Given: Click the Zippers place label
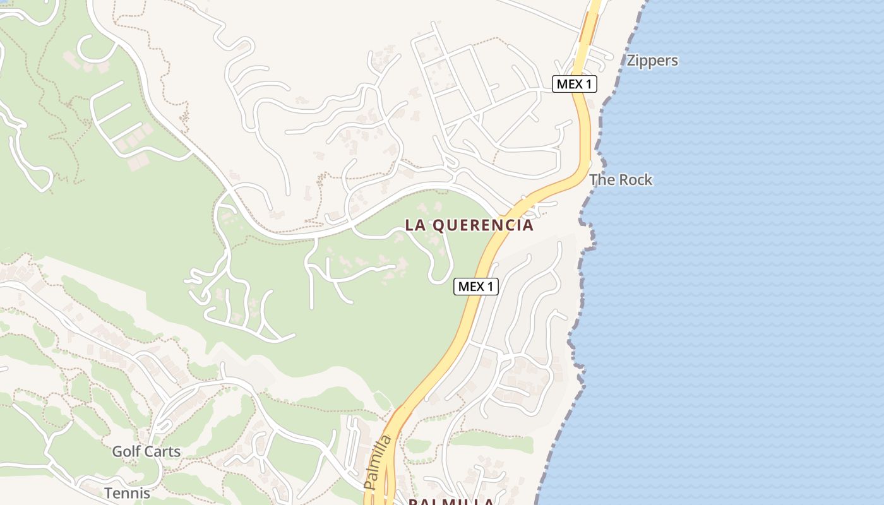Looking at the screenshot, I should pyautogui.click(x=652, y=61).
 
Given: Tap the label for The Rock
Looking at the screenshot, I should pyautogui.click(x=621, y=180).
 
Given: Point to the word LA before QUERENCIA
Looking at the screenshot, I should pyautogui.click(x=414, y=225).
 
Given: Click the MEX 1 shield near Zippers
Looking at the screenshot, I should pyautogui.click(x=574, y=84).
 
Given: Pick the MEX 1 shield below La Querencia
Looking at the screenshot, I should pyautogui.click(x=476, y=287).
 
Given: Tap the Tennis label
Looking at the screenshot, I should pyautogui.click(x=127, y=493).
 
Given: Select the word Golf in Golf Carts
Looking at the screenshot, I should pyautogui.click(x=126, y=452).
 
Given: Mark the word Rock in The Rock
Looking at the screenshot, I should pyautogui.click(x=636, y=180).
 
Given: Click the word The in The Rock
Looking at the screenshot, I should pyautogui.click(x=602, y=180).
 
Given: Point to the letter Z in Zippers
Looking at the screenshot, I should pyautogui.click(x=631, y=61).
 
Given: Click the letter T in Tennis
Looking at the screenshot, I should pyautogui.click(x=108, y=493).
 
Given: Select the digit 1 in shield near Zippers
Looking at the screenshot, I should pyautogui.click(x=589, y=84).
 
